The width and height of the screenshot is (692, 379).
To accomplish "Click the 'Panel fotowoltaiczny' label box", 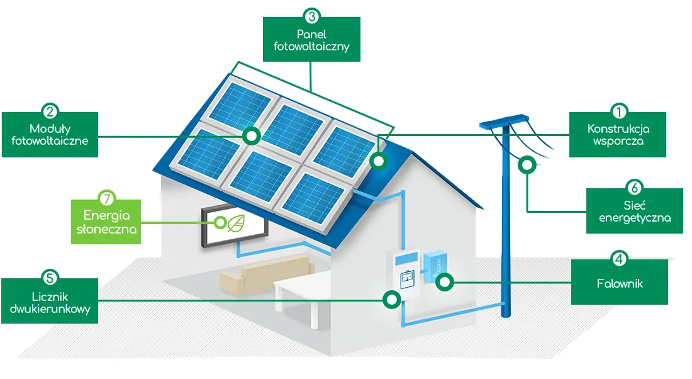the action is click(311, 39).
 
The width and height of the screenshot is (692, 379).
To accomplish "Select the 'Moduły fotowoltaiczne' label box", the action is click(50, 134).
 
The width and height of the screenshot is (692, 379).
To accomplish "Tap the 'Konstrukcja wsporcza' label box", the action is click(617, 134).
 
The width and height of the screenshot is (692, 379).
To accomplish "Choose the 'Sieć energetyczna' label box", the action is click(635, 211).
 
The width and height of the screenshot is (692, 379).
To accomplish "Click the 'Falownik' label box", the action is click(620, 282).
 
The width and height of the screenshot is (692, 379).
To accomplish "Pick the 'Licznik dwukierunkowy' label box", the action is click(50, 301).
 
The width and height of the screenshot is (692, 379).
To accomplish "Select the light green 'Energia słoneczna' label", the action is click(106, 222).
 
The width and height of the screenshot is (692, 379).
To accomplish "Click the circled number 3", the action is click(311, 16).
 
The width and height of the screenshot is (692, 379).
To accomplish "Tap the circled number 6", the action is click(635, 188).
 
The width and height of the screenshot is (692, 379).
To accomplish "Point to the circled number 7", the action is click(106, 199).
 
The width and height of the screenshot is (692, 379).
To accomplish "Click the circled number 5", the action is click(50, 278).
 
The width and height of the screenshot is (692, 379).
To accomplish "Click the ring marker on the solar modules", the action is click(252, 136).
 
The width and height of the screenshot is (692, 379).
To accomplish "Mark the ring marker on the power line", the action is click(527, 165).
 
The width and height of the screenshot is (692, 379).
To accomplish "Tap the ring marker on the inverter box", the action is click(444, 281).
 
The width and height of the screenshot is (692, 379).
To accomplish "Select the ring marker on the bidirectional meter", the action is click(391, 300).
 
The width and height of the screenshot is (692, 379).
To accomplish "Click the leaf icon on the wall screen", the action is click(236, 223).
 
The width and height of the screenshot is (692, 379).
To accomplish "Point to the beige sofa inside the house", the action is click(267, 273).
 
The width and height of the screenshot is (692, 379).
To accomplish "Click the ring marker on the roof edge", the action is click(378, 161).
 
